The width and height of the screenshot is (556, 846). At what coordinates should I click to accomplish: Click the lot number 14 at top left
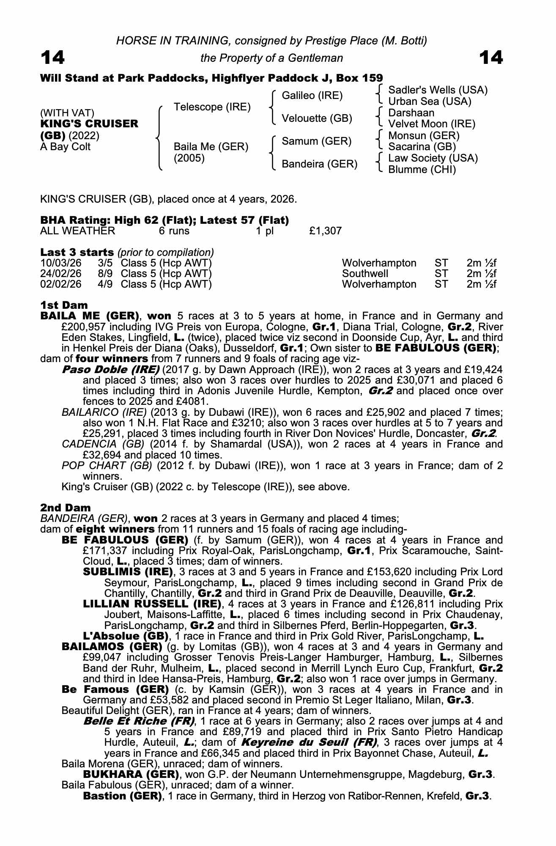coord(52,58)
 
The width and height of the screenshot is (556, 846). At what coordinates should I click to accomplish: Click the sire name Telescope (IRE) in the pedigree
coord(212,107)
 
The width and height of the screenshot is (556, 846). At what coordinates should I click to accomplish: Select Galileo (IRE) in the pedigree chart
coord(312,96)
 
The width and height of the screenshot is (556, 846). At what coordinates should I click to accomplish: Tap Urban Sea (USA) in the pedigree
coord(430,102)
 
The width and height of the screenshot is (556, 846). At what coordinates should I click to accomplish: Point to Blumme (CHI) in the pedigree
coord(422,170)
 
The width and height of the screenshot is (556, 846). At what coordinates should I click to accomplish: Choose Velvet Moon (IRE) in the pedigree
coord(432,124)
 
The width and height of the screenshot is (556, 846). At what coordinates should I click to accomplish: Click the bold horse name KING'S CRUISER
coord(89,124)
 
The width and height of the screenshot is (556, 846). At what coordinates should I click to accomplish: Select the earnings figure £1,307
coord(326,231)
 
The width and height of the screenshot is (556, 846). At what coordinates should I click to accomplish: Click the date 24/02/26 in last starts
coord(61,274)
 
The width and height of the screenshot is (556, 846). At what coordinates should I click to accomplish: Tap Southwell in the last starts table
coord(365,274)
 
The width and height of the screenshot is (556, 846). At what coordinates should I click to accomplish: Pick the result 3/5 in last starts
coord(105,263)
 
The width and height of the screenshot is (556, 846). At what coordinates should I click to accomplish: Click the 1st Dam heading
coord(64,305)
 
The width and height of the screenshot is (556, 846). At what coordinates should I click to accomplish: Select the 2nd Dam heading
coord(65,507)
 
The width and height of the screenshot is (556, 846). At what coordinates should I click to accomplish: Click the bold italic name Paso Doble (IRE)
coord(110,369)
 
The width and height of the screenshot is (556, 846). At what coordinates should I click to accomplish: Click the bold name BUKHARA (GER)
coord(130,774)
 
